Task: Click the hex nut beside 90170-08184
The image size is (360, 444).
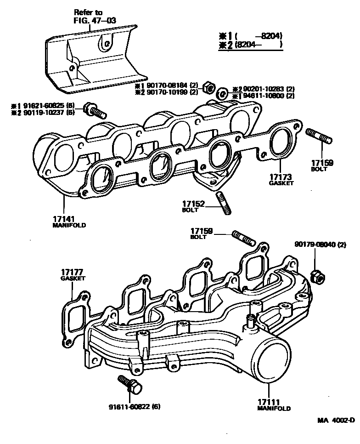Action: (x=208, y=87)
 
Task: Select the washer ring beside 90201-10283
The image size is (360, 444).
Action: (x=222, y=93)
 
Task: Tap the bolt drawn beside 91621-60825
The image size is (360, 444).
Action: (x=94, y=110)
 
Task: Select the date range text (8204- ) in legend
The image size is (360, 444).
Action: (x=257, y=45)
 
